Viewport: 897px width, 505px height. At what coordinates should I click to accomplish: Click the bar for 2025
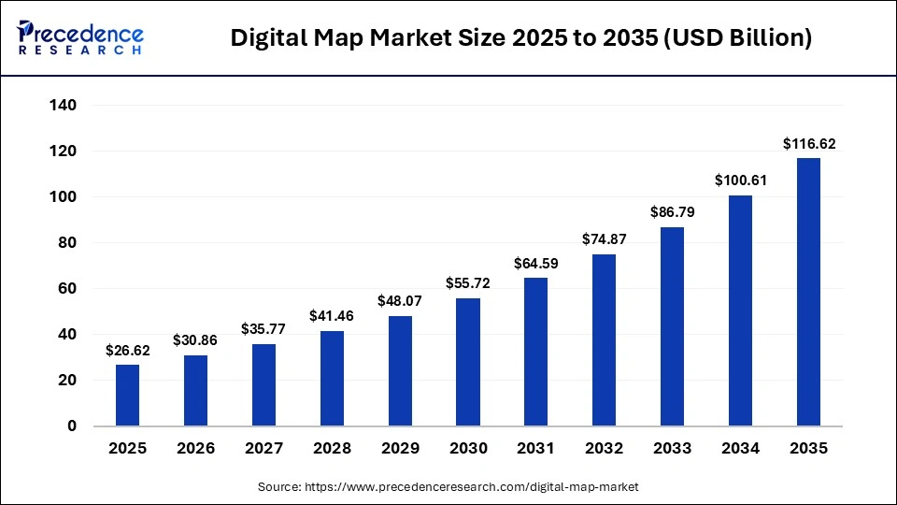(x=127, y=395)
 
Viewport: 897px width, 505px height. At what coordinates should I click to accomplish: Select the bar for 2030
(x=468, y=362)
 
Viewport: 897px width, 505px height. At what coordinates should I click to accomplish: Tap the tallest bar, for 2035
(x=808, y=292)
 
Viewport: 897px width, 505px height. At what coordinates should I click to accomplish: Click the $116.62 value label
(x=808, y=144)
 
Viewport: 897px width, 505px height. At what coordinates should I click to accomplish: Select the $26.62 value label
(x=127, y=351)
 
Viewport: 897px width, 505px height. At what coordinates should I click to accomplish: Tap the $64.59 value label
(x=536, y=264)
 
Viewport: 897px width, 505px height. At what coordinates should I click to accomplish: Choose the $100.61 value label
(x=741, y=180)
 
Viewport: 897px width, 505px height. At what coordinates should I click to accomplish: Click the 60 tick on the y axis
(x=66, y=289)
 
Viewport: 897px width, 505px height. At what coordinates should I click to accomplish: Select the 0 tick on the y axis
(x=71, y=426)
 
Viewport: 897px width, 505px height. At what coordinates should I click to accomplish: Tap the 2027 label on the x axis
(x=263, y=449)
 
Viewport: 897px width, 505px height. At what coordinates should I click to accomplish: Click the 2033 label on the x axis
(x=673, y=449)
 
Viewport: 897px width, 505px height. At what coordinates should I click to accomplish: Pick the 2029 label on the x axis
(x=400, y=449)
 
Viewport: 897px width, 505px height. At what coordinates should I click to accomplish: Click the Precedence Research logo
(x=80, y=37)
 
